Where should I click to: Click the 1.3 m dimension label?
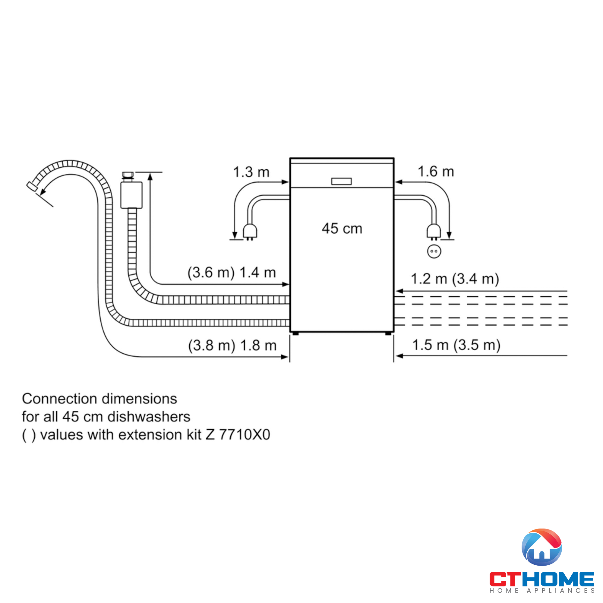[x=251, y=172]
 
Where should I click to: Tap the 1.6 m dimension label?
[x=436, y=171]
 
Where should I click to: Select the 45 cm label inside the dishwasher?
[x=342, y=229]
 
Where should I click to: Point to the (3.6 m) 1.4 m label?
[x=232, y=273]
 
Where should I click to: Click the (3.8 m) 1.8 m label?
[x=232, y=346]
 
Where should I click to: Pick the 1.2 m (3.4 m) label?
[x=455, y=279]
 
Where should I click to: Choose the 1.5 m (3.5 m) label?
[x=456, y=345]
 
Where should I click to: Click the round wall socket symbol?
[x=434, y=251]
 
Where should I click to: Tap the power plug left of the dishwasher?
[x=250, y=232]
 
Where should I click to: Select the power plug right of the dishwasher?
[x=434, y=232]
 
